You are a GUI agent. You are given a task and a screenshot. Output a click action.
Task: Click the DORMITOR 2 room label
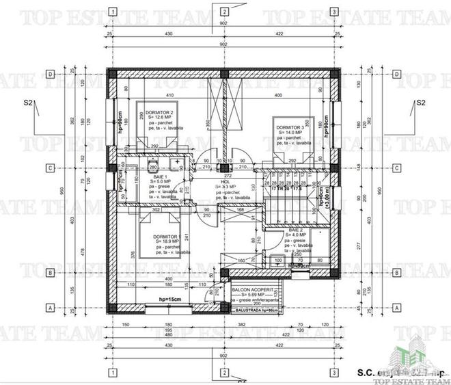[162, 112]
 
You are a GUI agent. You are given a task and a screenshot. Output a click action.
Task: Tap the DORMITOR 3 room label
[290, 127]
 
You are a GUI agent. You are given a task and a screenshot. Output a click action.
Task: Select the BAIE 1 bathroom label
[160, 176]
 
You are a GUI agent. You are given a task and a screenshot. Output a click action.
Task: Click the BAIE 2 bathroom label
[295, 230]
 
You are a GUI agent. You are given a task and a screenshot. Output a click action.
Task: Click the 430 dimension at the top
[167, 32]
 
